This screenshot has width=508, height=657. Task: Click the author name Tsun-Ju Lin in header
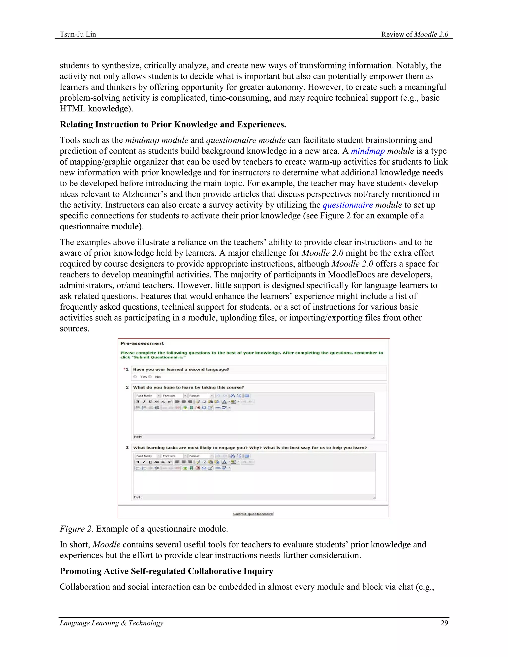point(78,34)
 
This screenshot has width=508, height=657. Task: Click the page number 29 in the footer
point(444,623)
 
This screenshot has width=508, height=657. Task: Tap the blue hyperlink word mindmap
point(368,151)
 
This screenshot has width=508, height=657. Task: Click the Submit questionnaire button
point(253,514)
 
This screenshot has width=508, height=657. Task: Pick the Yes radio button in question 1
point(135,377)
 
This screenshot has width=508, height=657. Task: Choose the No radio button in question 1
point(150,377)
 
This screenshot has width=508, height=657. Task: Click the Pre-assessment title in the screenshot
point(142,343)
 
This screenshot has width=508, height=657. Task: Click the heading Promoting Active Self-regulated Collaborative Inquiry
point(166,571)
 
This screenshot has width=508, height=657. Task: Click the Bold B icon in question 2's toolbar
point(137,402)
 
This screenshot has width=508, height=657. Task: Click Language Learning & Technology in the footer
point(111,623)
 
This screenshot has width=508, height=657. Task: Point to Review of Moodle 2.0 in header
point(415,34)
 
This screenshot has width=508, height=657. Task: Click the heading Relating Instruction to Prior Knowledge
point(173,124)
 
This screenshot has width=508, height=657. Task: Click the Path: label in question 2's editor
point(138,437)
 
